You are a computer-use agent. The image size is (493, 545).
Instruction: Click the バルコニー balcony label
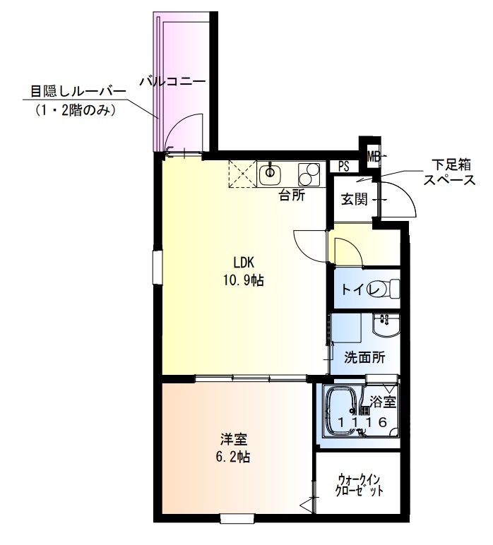pos(172,81)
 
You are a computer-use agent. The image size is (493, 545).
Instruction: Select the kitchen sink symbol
pos(270,172)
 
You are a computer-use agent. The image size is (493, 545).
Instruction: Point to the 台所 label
pos(291,196)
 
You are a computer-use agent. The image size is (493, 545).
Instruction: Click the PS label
pos(344,167)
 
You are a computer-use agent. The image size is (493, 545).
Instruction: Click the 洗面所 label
pos(364,357)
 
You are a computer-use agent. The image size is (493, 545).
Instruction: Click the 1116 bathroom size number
pos(362,422)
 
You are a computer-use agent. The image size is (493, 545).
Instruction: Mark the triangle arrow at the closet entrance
pos(305,505)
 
